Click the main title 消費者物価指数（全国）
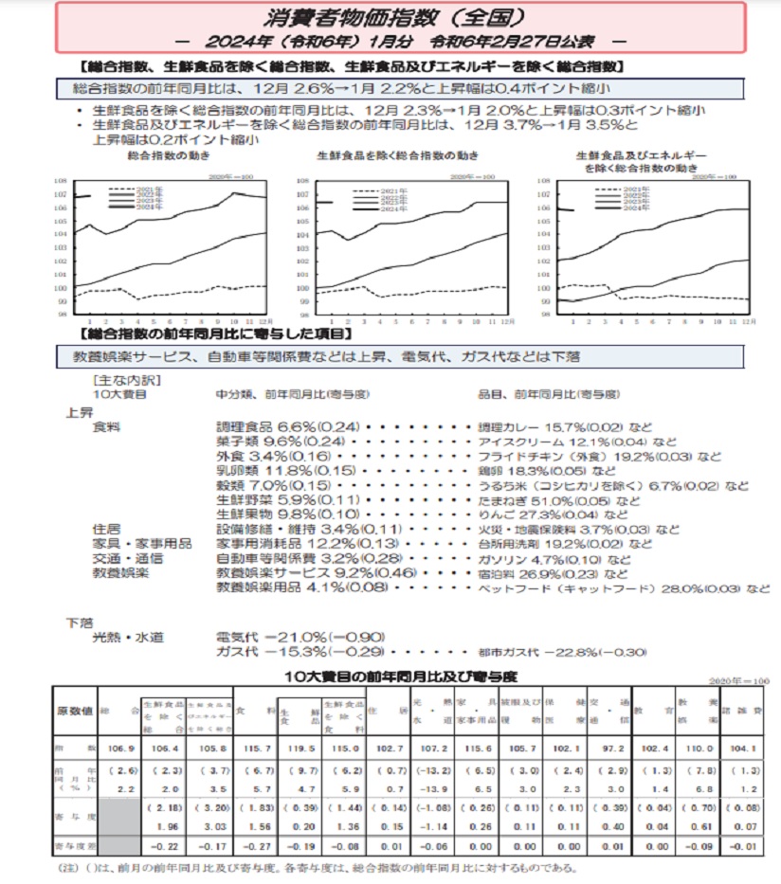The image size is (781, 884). (x=390, y=17)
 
